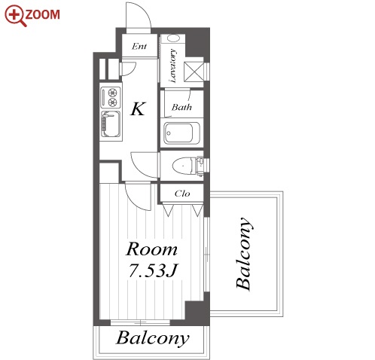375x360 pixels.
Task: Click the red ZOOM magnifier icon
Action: click(x=14, y=15)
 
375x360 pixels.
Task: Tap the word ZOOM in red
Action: click(x=43, y=14)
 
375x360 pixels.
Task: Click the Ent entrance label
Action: click(x=139, y=46)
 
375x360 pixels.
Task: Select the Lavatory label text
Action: click(x=172, y=66)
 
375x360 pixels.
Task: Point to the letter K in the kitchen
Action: click(x=138, y=108)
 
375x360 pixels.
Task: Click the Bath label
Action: click(x=181, y=107)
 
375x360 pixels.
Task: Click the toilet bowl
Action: click(x=183, y=166)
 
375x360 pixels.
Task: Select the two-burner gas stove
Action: click(x=111, y=97)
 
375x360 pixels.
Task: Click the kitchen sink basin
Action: click(x=111, y=124)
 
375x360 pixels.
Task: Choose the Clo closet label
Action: click(x=182, y=194)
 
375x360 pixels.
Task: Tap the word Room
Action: click(x=151, y=249)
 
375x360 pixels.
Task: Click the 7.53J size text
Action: click(x=153, y=271)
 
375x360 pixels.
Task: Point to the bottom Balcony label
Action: click(x=153, y=338)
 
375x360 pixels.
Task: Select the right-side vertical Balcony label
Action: click(x=243, y=254)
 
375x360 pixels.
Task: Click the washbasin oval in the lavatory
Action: click(x=173, y=38)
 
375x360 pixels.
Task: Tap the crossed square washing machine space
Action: click(x=194, y=72)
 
